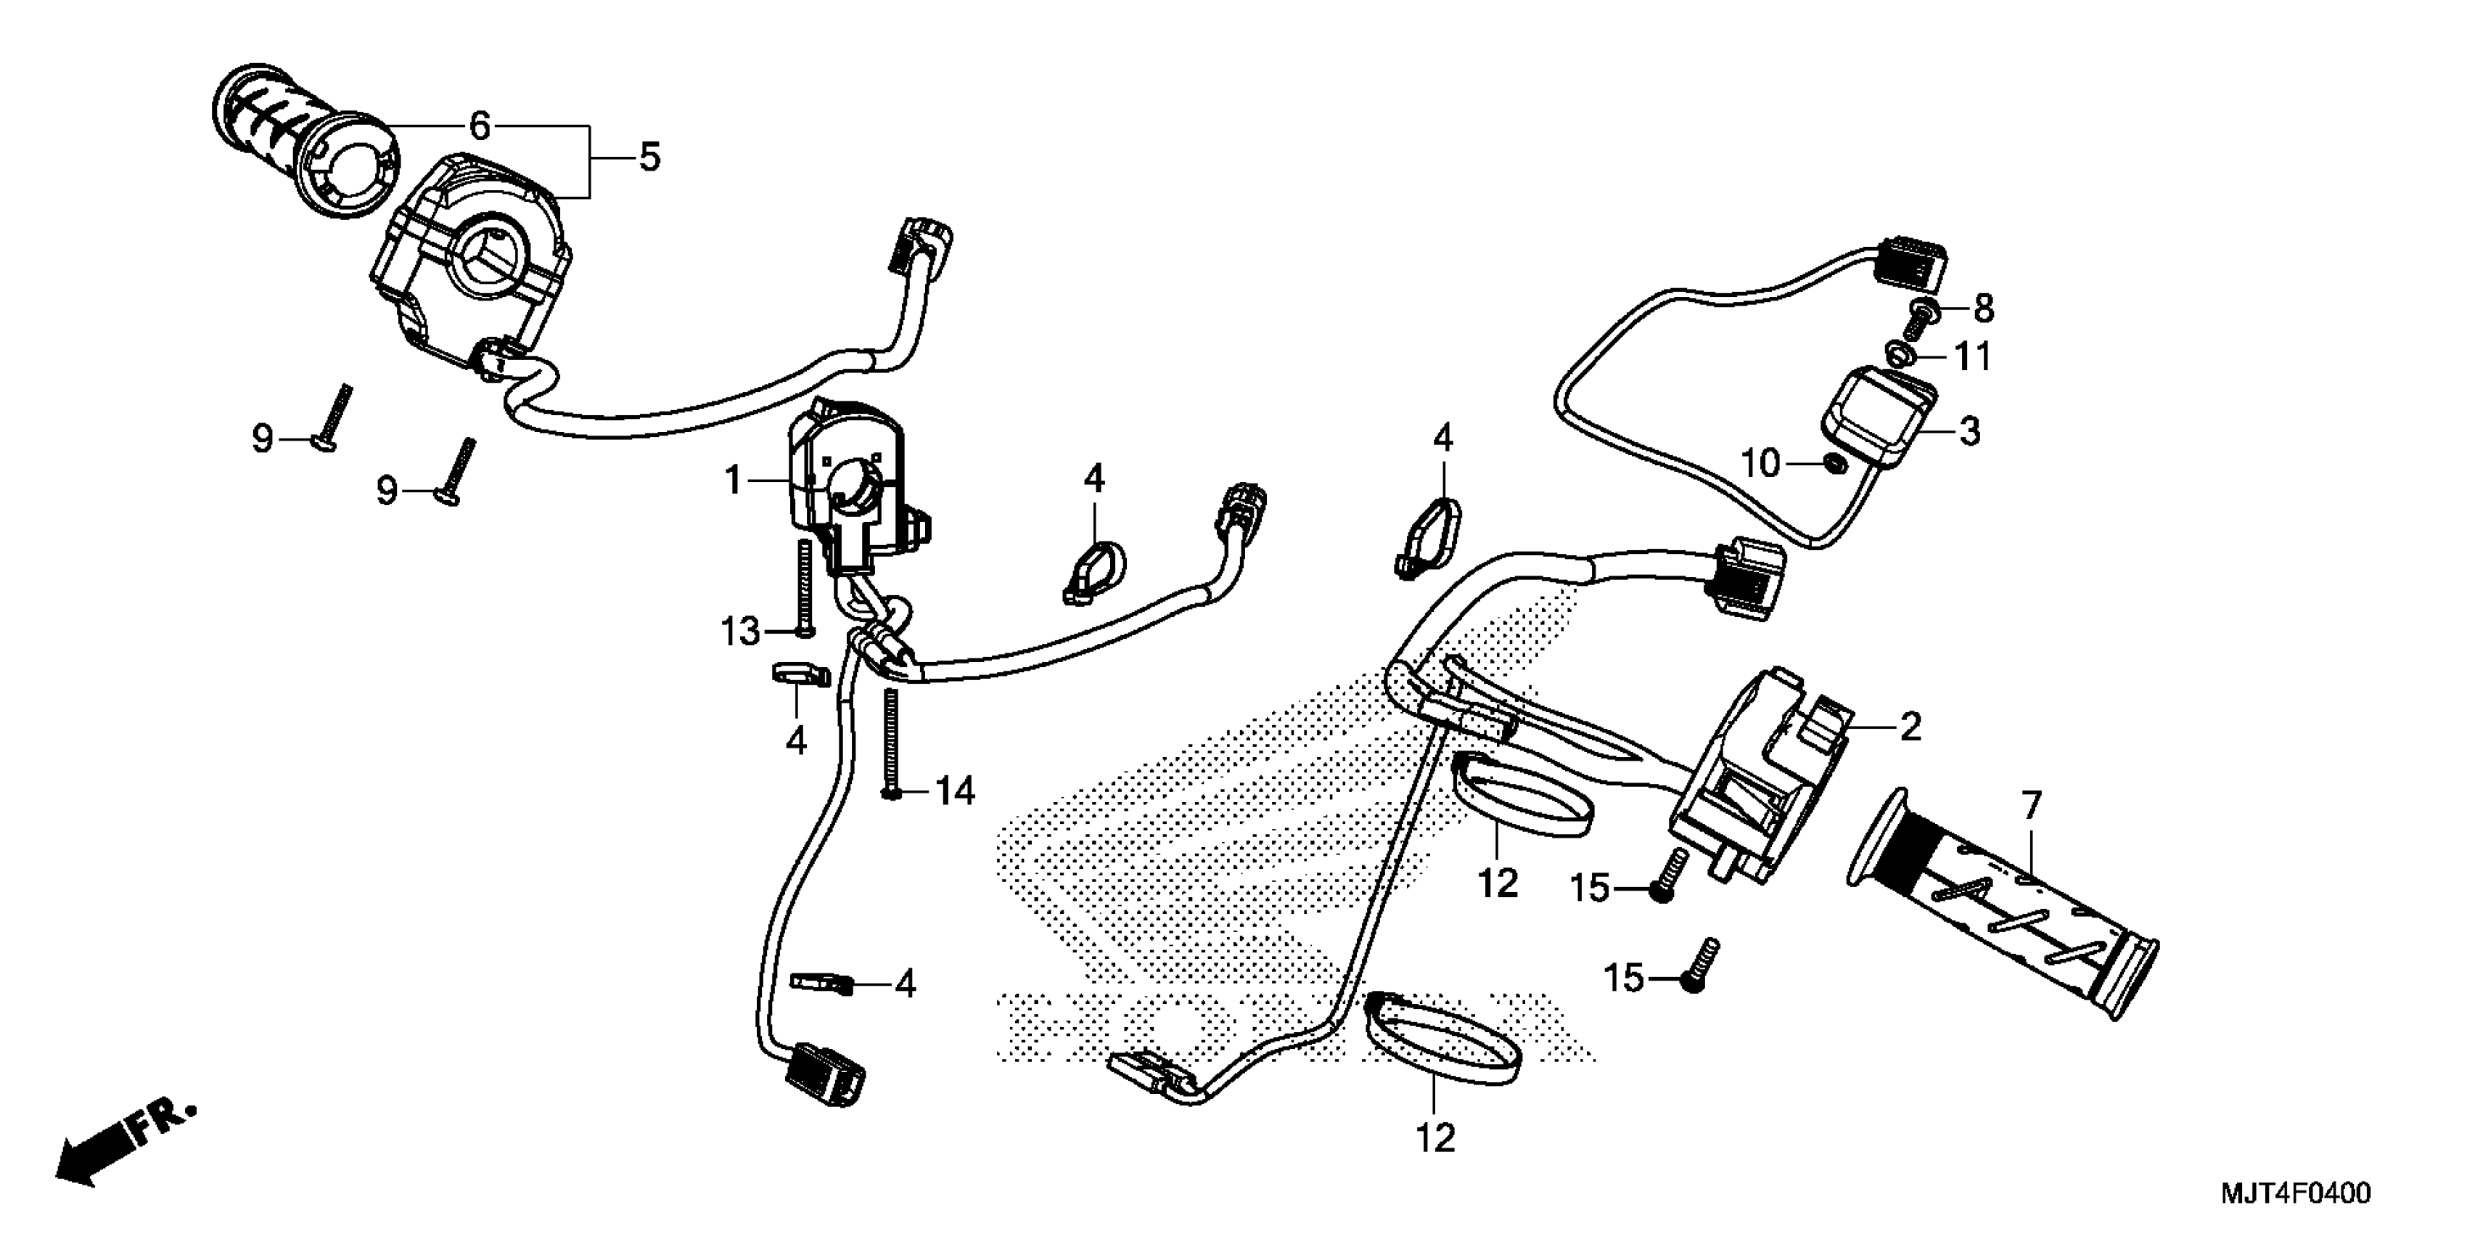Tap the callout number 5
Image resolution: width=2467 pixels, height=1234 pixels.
click(x=649, y=156)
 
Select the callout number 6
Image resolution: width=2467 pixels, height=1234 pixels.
click(x=480, y=126)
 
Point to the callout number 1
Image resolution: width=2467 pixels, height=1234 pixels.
click(x=734, y=480)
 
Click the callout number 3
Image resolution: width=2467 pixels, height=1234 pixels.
click(x=1969, y=431)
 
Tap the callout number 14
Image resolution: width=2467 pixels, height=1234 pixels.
click(x=955, y=791)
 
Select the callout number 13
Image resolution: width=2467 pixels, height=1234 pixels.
click(x=740, y=632)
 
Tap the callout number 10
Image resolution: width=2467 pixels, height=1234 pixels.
click(x=1760, y=464)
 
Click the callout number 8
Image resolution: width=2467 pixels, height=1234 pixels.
click(x=1982, y=308)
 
